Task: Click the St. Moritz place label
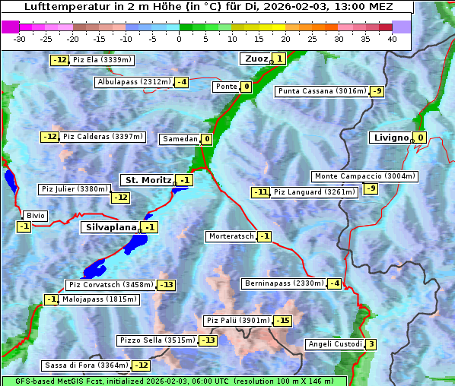coord(148,180)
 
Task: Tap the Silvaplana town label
coord(110,227)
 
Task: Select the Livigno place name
coord(391,138)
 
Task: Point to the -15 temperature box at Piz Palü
coord(282,321)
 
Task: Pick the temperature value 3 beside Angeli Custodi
coord(371,344)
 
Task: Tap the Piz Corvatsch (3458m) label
coord(111,285)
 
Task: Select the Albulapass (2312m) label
coord(134,82)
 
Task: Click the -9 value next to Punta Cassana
coord(377,92)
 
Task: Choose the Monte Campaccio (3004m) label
coord(364,176)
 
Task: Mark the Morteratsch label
coord(231,236)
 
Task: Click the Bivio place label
coord(36,216)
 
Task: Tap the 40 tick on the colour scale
coord(392,39)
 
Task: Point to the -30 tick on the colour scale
coord(20,39)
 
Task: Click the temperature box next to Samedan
coord(206,139)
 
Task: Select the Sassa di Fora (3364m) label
coord(86,365)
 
